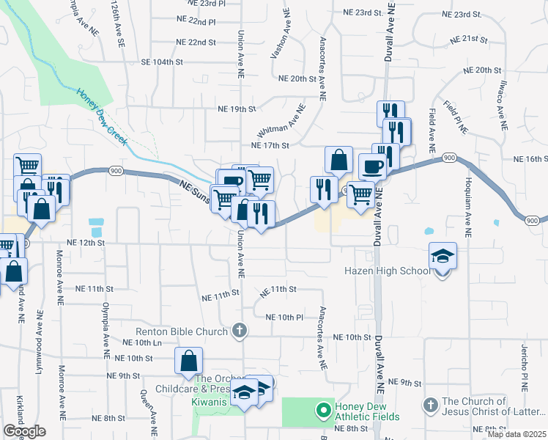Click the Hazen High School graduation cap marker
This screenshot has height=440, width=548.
point(443,257)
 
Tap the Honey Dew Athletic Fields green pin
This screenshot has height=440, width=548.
point(320,409)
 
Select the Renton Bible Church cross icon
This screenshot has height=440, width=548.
point(238,332)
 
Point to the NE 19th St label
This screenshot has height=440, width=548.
point(237,109)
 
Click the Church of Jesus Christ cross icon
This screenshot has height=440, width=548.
point(431,405)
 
